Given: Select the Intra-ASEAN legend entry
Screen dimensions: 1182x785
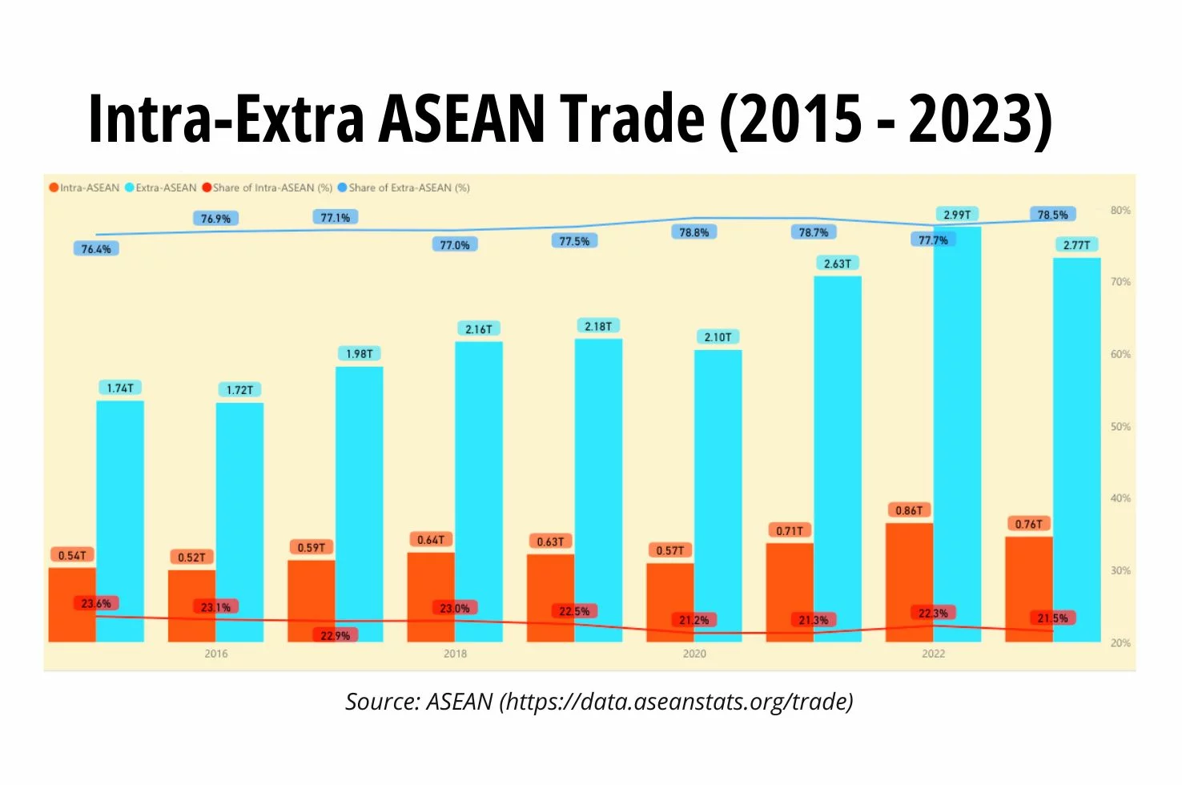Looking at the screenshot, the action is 84,188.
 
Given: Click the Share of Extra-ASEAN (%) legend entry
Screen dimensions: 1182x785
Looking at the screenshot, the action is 404,188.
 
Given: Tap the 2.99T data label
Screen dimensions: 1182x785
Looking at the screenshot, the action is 957,215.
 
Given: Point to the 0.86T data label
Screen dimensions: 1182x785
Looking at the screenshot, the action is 909,510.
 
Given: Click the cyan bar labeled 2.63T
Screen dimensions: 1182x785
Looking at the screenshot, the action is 838,459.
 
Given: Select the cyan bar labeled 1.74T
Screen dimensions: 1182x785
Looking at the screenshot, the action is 120,521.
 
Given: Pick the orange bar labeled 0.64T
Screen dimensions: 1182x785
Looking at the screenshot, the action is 431,597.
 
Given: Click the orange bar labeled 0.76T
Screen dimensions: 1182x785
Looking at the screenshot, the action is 1028,589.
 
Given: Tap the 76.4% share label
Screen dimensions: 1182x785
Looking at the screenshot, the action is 96,248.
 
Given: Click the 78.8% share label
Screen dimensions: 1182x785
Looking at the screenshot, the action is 694,232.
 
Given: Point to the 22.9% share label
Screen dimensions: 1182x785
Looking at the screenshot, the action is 335,635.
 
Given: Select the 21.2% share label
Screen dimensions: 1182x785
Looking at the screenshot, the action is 694,620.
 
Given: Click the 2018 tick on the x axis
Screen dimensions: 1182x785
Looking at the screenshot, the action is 455,654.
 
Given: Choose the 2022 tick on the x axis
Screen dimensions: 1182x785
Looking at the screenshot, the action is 933,654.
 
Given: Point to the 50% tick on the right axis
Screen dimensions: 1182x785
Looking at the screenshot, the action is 1120,427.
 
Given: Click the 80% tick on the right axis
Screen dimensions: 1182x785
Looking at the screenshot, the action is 1120,211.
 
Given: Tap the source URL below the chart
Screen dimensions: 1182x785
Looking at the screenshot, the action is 677,702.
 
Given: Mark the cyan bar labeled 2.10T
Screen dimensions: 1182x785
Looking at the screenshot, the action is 718,496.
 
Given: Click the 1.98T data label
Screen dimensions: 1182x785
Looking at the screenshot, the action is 359,354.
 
